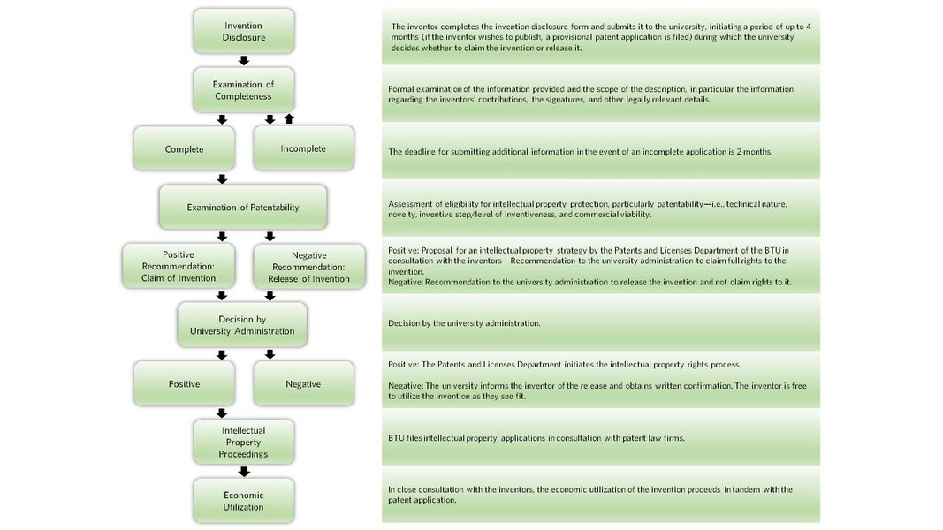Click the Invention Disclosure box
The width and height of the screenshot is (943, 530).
244,31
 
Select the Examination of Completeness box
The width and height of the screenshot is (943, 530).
244,90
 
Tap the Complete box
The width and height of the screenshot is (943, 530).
184,148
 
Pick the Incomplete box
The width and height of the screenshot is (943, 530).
303,148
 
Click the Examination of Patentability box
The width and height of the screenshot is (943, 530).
243,208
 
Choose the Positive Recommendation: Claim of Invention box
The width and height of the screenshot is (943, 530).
179,266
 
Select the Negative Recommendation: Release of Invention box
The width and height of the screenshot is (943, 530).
309,266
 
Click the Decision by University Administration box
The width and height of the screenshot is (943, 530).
242,325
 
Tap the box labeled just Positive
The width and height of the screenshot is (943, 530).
184,384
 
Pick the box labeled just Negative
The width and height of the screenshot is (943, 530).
303,384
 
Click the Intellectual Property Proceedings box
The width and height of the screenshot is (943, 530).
244,442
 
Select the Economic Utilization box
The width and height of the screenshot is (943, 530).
244,501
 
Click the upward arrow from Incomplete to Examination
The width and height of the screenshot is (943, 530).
289,119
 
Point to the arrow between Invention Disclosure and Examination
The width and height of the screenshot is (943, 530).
244,61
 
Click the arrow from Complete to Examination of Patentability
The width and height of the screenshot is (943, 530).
222,179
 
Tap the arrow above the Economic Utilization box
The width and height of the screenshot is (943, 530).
244,472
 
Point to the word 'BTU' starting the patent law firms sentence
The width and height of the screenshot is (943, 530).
396,438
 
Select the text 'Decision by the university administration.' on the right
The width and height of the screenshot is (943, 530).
464,323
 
